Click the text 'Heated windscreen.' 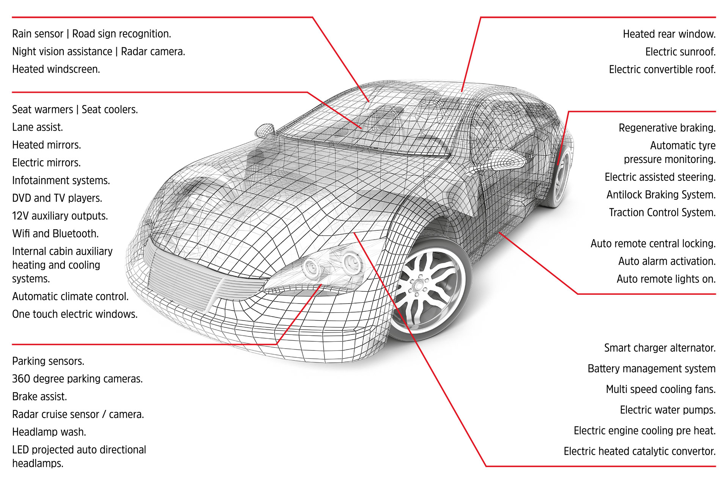coord(56,69)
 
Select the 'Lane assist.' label coord(38,127)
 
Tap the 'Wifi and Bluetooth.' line coord(55,234)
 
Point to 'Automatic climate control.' coord(71,297)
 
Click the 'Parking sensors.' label coord(48,361)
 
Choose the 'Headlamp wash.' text coord(49,432)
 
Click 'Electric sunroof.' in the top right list coord(680,52)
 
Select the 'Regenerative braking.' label coord(667,128)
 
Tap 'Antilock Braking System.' coord(661,195)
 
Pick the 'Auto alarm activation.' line coord(667,261)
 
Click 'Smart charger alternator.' coord(660,348)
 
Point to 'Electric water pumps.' coord(668,410)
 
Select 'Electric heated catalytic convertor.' coord(640,451)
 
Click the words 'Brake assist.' coord(39,397)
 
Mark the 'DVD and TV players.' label coord(57,198)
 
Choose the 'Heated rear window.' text coord(669,34)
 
